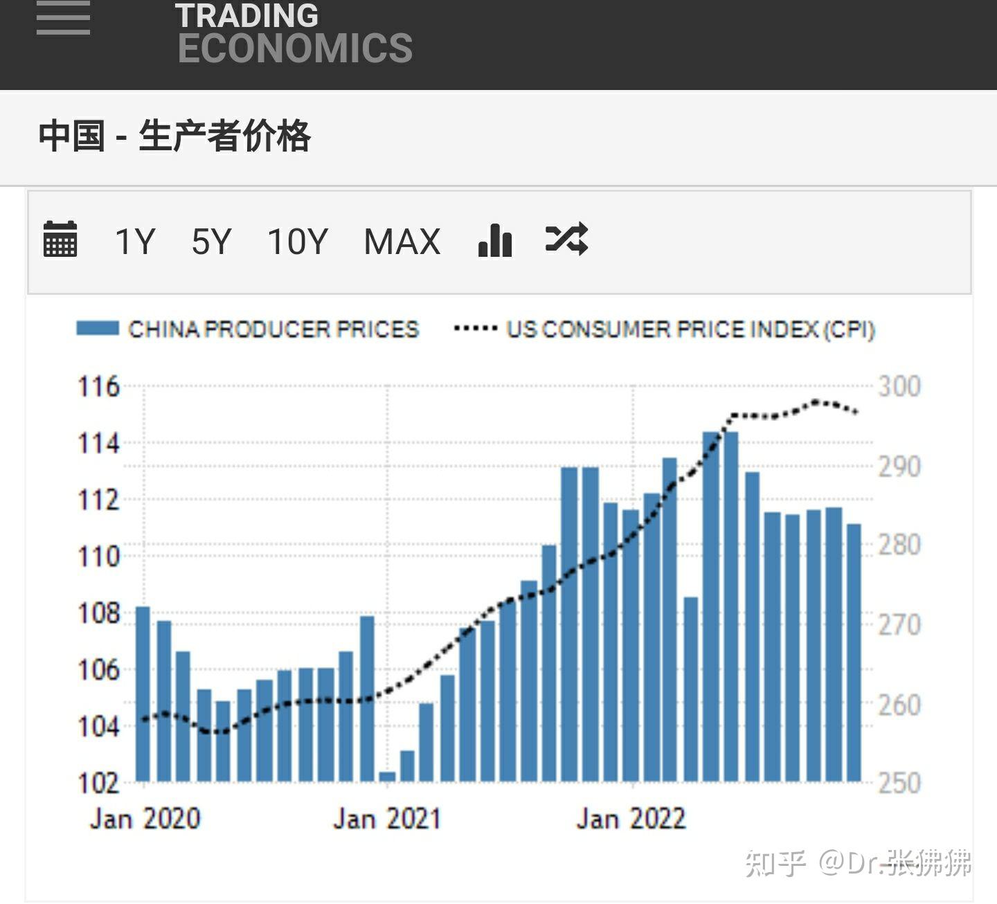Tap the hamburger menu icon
(63, 19)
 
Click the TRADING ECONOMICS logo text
(294, 33)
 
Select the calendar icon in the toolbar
(60, 239)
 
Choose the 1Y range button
(134, 242)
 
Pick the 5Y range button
(211, 242)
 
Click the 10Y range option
(297, 242)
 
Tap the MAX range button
(402, 242)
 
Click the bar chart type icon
(495, 240)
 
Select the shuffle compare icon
(566, 239)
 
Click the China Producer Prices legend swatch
(97, 329)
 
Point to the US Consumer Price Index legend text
(690, 329)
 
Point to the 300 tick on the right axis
(899, 386)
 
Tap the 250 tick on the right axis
(899, 783)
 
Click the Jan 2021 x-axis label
(387, 819)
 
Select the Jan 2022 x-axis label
(631, 819)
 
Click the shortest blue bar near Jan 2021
(387, 777)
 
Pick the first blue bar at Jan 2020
(143, 694)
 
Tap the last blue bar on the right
(854, 653)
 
